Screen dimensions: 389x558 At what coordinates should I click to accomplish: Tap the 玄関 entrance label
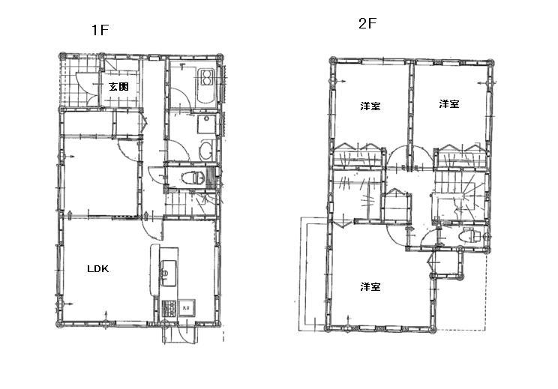point(118,88)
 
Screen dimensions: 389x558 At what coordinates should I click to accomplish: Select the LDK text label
point(97,269)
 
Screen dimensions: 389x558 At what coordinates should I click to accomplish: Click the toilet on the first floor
point(191,178)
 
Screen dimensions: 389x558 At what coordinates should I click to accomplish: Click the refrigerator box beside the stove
point(187,307)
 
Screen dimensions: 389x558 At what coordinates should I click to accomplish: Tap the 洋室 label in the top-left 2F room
point(370,106)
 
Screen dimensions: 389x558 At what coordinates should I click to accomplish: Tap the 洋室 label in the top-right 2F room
point(449,104)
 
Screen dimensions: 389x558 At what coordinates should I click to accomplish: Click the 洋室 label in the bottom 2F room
point(370,287)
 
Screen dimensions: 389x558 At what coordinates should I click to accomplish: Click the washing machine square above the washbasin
point(205,125)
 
